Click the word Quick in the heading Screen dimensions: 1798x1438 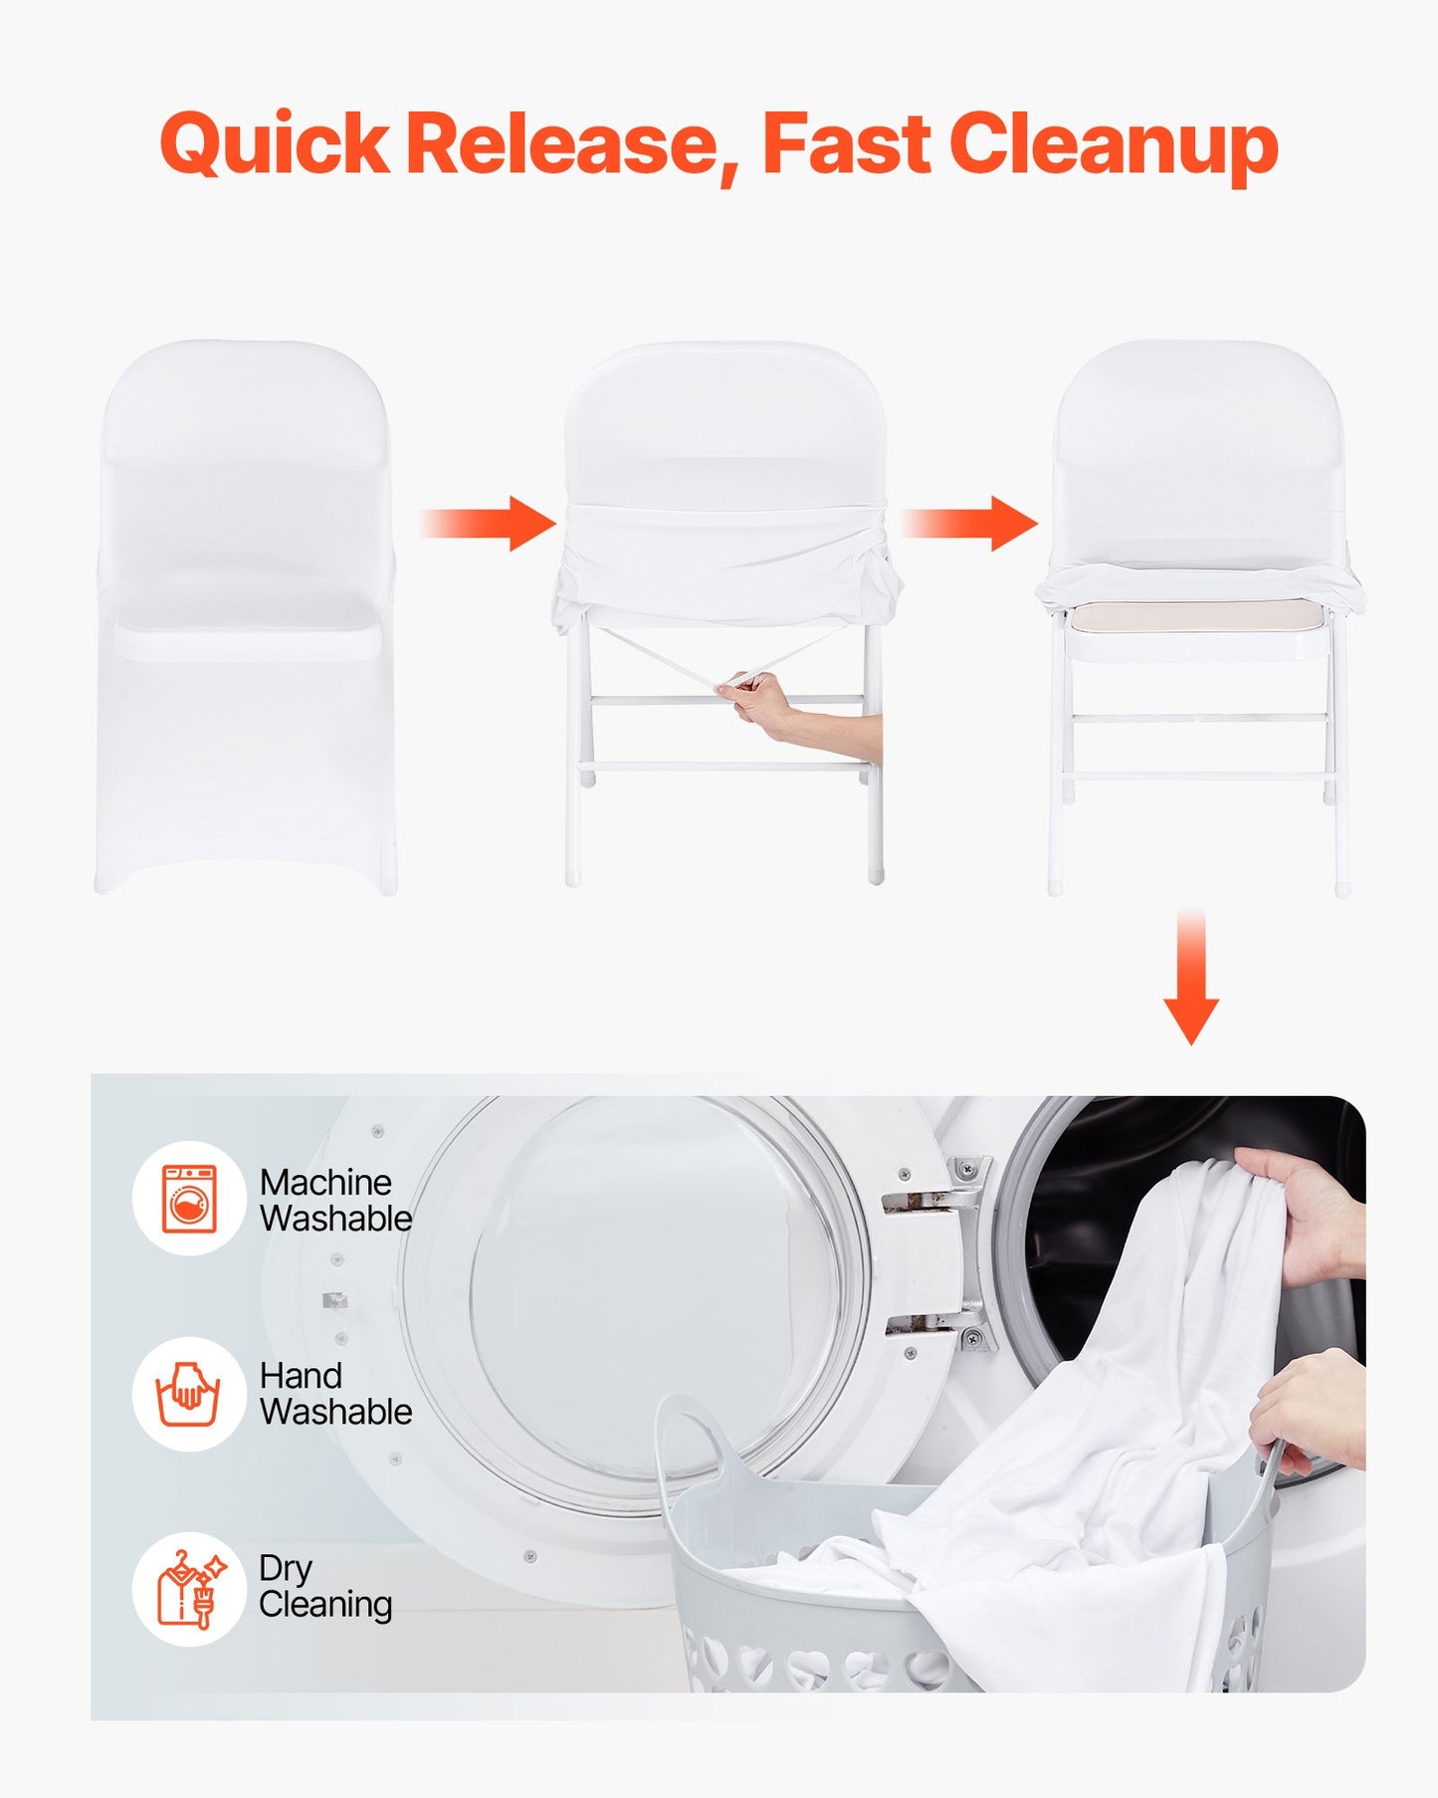[x=274, y=145]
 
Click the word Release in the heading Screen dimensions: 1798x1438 [x=562, y=145]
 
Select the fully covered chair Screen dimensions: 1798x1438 [x=246, y=617]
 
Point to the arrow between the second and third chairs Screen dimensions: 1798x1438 [x=970, y=523]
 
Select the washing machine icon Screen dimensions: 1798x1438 [x=189, y=1198]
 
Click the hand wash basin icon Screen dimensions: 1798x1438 [x=188, y=1394]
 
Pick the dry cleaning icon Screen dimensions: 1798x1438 [x=189, y=1589]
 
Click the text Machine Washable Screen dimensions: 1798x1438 [x=335, y=1201]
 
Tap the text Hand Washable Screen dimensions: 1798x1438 [x=335, y=1394]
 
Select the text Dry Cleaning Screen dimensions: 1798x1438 [x=324, y=1587]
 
